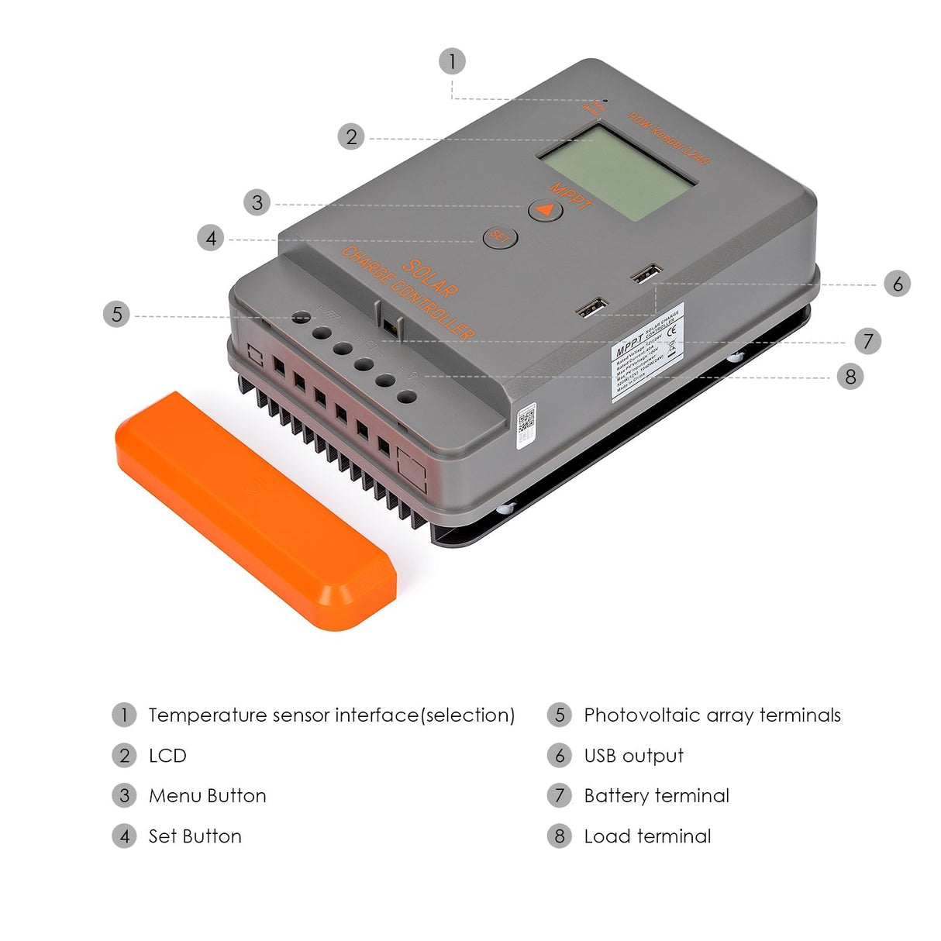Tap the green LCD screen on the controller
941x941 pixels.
point(617,174)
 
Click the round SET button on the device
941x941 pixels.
point(500,236)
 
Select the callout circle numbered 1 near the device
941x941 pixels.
point(452,61)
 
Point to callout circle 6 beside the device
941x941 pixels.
point(898,284)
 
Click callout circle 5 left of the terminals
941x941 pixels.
point(116,314)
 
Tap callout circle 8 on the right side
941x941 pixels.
point(850,377)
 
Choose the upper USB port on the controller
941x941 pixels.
point(646,274)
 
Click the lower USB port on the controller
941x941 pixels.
point(592,308)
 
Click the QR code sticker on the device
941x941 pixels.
point(526,422)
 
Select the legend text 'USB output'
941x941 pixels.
point(633,756)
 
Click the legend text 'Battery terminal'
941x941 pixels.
point(657,796)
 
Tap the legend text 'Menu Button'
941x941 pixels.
point(207,796)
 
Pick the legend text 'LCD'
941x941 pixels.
point(167,756)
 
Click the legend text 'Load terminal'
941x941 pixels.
point(647,836)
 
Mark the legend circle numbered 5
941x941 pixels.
point(559,715)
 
